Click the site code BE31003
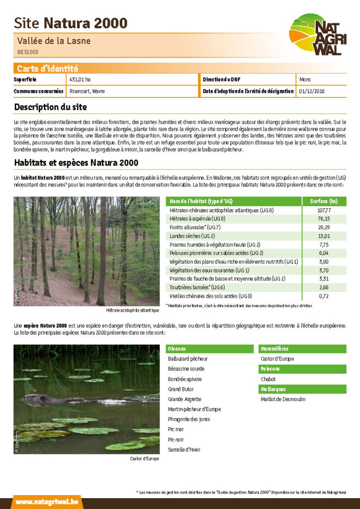[x=28, y=52]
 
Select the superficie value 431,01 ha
[x=80, y=80]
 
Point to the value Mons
[x=305, y=80]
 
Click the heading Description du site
[x=50, y=107]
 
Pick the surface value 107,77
[x=324, y=210]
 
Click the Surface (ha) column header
[x=324, y=201]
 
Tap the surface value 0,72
[x=324, y=296]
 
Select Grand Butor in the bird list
[x=181, y=389]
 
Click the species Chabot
[x=268, y=379]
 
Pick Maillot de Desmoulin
[x=283, y=399]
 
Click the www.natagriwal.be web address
[x=47, y=502]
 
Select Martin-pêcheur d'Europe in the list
[x=194, y=410]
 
